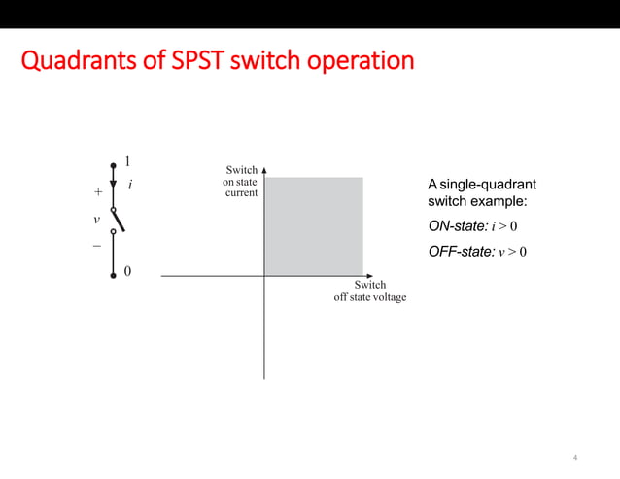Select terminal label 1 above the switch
pos(128,162)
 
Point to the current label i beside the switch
pos(130,185)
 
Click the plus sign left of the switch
pos(97,192)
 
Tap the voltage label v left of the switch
pos(96,220)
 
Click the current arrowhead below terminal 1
pos(113,186)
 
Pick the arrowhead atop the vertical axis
pos(264,169)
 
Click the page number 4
pos(575,457)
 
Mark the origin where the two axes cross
pos(264,276)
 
